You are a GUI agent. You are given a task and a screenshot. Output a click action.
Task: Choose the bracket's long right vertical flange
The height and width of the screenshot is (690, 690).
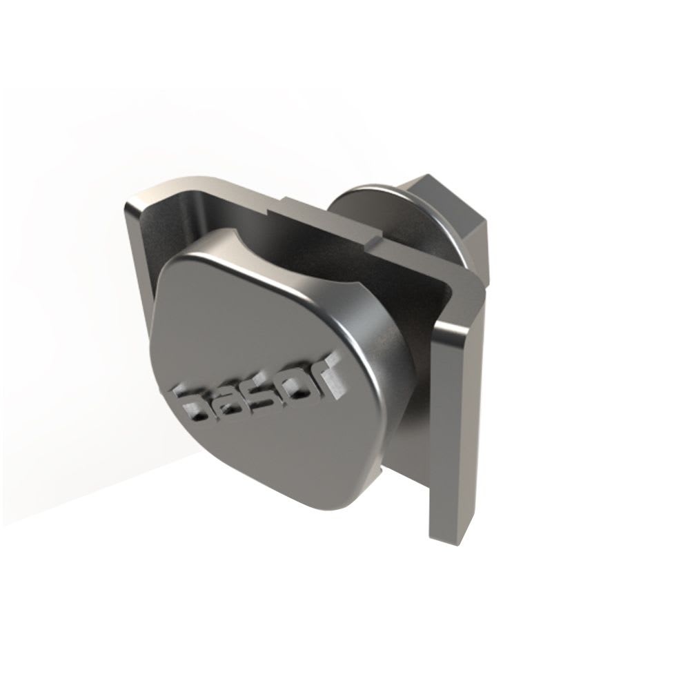coord(459,414)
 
